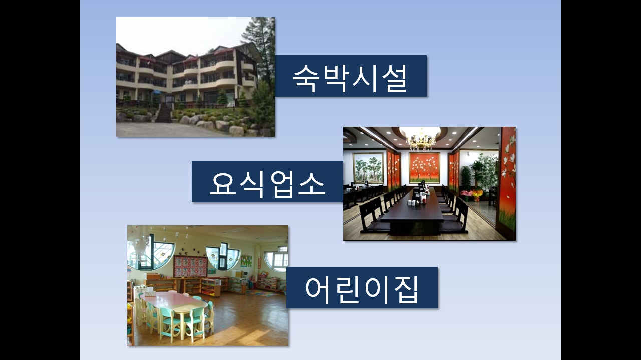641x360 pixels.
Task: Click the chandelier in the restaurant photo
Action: pyautogui.click(x=421, y=140)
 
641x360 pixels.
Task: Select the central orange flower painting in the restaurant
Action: pyautogui.click(x=424, y=167)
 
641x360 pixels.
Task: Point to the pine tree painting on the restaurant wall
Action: pyautogui.click(x=368, y=168)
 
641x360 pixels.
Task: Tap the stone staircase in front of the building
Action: pyautogui.click(x=164, y=113)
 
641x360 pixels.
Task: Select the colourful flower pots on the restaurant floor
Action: pyautogui.click(x=471, y=194)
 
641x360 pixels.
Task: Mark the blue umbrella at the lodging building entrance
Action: pyautogui.click(x=157, y=92)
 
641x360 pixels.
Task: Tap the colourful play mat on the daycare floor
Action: pyautogui.click(x=262, y=293)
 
